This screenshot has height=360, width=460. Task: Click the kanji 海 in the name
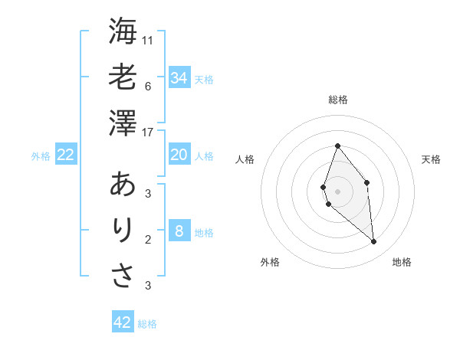(123, 33)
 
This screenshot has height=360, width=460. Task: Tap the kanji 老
(123, 77)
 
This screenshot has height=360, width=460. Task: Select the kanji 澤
(123, 123)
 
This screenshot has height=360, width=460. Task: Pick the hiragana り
(123, 230)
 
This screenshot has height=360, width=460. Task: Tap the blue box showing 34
(179, 78)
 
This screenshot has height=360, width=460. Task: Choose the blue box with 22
(65, 155)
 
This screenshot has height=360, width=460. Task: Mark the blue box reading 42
(123, 322)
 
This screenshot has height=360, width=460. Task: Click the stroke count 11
(148, 39)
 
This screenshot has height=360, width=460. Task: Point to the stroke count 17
(148, 133)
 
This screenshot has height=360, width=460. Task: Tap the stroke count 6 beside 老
(147, 86)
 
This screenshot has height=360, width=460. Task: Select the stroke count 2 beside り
(147, 240)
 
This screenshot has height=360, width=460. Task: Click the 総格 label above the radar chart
(337, 100)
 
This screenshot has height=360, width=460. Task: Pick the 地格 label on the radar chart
(402, 262)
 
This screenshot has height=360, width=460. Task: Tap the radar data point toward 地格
(373, 242)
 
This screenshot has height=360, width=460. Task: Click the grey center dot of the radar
(337, 191)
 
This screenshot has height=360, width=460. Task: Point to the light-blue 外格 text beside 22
(41, 156)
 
